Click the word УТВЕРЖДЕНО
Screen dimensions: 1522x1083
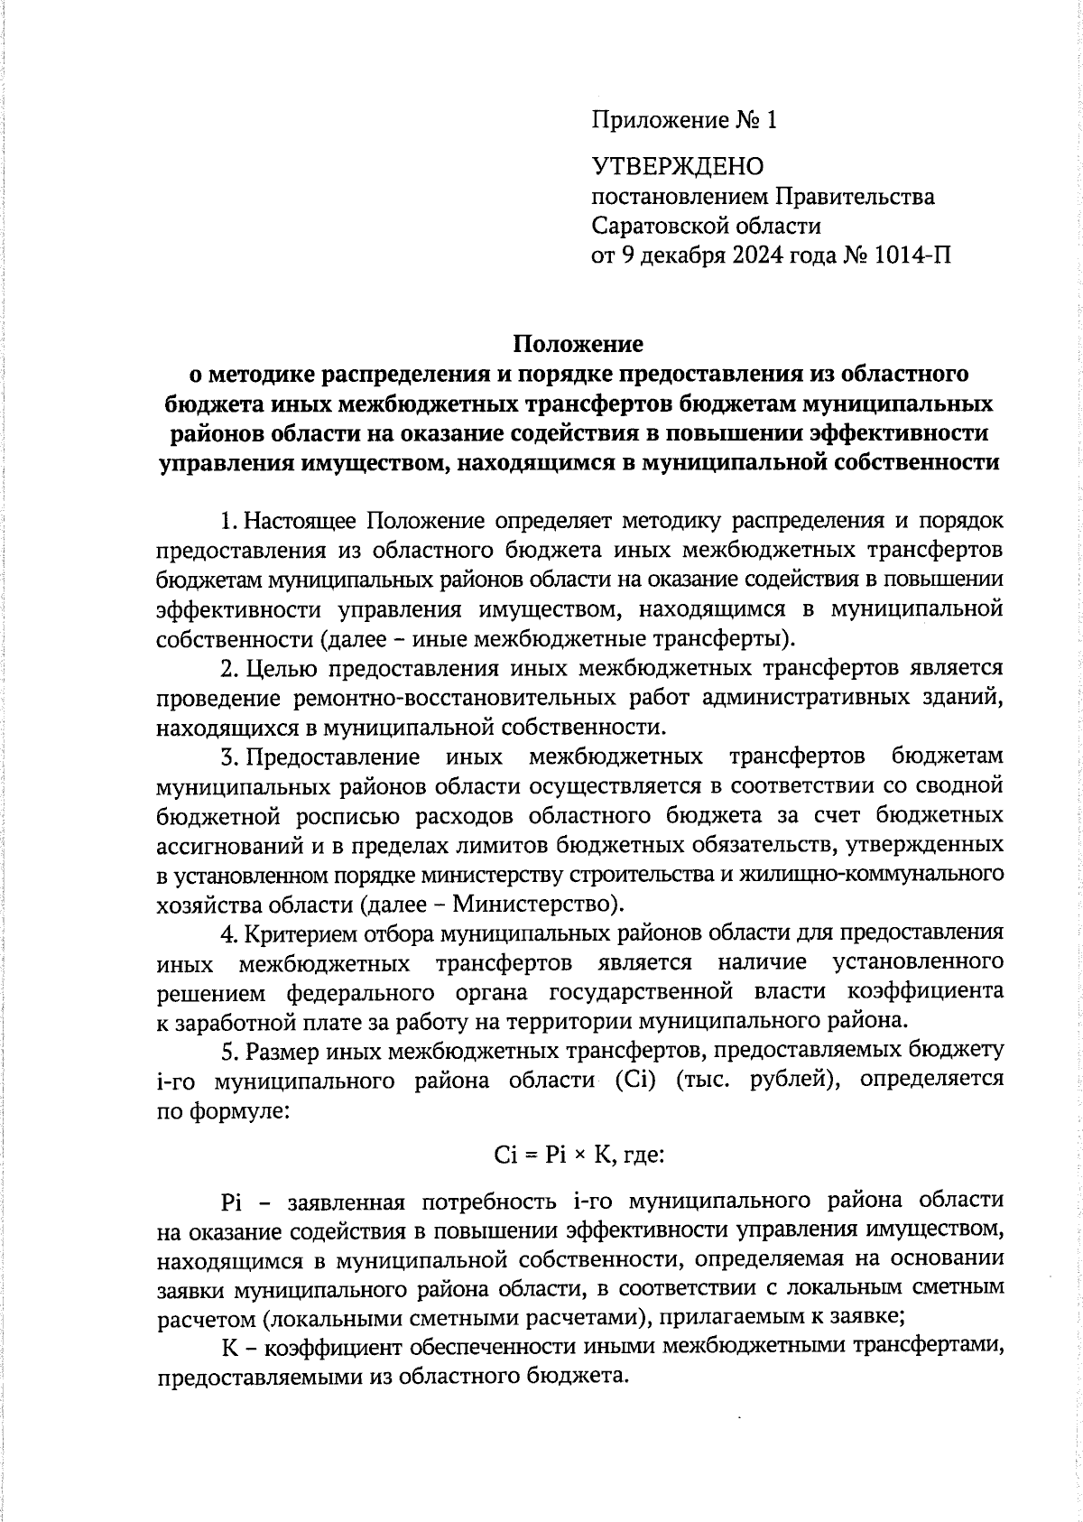(677, 166)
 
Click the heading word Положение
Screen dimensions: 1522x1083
(579, 344)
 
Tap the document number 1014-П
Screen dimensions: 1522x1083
(912, 255)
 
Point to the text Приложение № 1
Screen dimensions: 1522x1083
(683, 120)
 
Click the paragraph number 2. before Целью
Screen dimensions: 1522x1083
(229, 668)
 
